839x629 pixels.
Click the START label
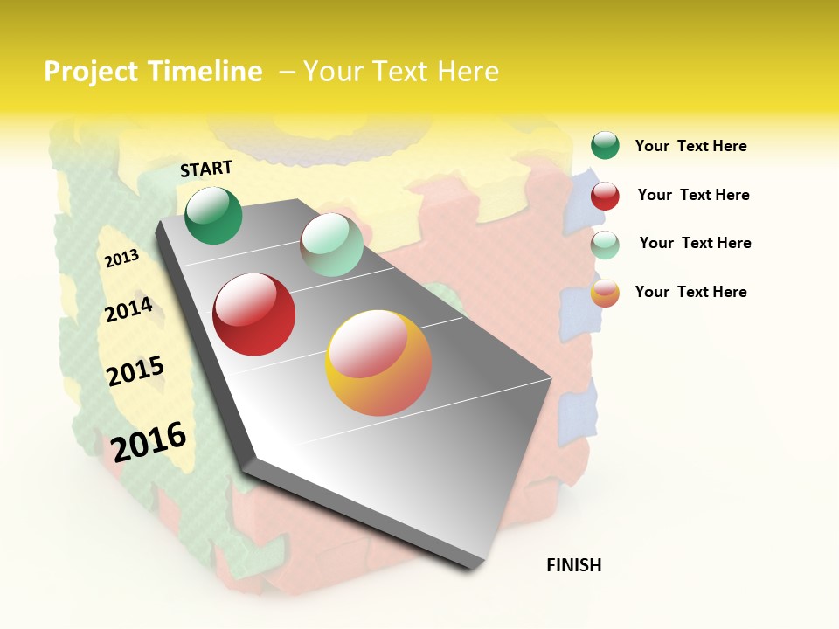pos(206,169)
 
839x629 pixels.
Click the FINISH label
pos(574,565)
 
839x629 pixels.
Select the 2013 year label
pos(121,259)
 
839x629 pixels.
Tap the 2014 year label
pos(128,310)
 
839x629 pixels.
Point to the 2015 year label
pos(135,371)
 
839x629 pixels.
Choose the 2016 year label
pos(149,441)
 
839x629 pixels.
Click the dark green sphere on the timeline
pos(214,216)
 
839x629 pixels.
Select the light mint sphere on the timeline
pos(331,245)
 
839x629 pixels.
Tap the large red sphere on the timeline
pos(254,314)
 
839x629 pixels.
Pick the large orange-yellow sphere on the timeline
pos(378,363)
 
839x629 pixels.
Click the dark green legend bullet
pos(605,145)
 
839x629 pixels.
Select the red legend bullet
pos(605,196)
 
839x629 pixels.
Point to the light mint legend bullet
pos(605,245)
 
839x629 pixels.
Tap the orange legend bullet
pos(605,293)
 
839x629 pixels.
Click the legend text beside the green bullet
pos(690,146)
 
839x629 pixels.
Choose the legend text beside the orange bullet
pos(690,292)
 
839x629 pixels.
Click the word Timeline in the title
pos(205,72)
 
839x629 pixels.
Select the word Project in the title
pos(92,72)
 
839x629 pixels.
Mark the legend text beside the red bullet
pos(693,195)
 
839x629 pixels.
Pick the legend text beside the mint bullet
pos(695,243)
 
